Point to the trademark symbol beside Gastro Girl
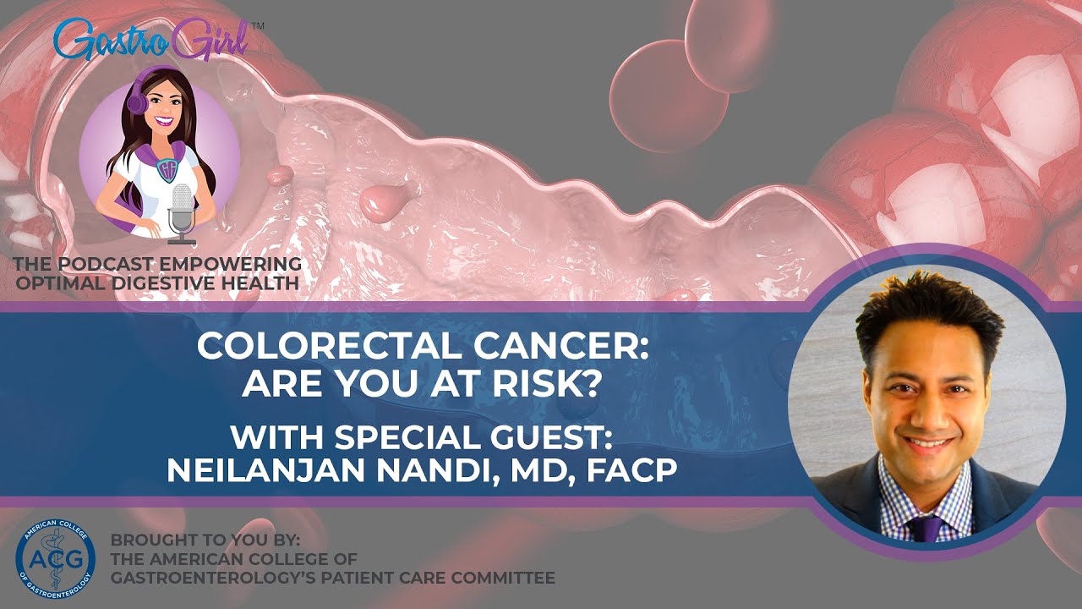(258, 26)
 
